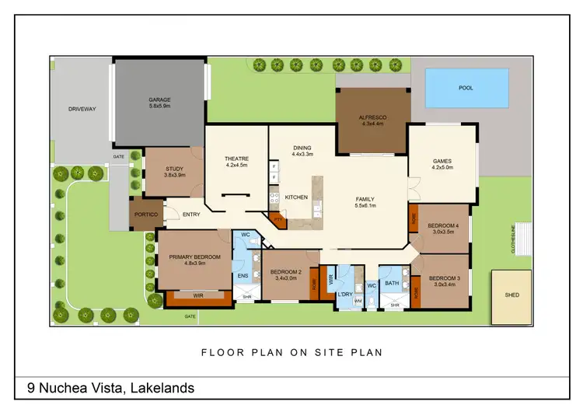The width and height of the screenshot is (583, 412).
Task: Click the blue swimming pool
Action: coord(466,87)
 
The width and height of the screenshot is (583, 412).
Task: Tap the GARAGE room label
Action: coord(159,100)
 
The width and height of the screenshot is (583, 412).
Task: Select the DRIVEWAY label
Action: coord(82,109)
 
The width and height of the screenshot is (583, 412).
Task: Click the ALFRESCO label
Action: coord(372,117)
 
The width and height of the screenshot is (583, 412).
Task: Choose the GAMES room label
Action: coord(442,162)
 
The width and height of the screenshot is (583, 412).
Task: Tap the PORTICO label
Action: coord(145,214)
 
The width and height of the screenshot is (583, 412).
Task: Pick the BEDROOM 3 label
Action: coord(445,278)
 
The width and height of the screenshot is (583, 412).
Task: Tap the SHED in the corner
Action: coord(511,295)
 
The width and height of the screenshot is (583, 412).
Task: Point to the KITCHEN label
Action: coord(296,197)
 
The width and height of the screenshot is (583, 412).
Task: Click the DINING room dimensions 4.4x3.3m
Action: coord(302,155)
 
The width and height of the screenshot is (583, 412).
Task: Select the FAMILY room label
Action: coord(365,198)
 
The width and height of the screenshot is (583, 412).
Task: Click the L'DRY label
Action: coord(345,295)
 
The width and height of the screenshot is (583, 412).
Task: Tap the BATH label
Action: coord(392,283)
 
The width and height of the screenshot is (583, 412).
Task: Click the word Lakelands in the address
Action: coord(162,387)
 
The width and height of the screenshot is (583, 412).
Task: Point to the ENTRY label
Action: coord(190,214)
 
